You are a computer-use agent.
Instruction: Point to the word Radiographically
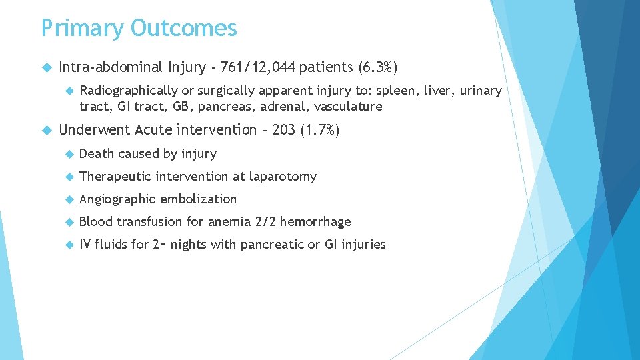tap(129, 91)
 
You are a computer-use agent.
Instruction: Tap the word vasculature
tap(348, 107)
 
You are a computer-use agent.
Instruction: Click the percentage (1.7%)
tap(320, 129)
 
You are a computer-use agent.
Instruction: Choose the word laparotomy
tap(283, 177)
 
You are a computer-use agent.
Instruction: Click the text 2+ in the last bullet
tap(159, 245)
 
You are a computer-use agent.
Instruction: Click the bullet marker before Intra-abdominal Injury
tap(46, 67)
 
